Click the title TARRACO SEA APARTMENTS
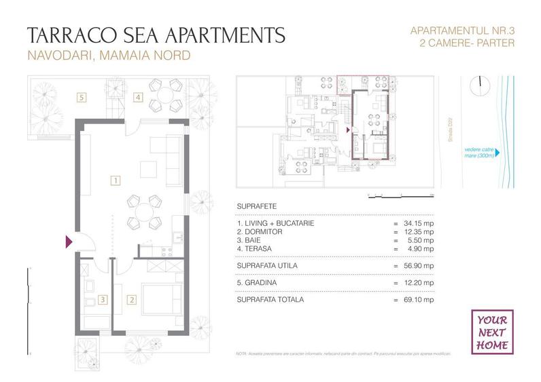point(155,35)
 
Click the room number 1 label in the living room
point(116,180)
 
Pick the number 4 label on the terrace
point(138,97)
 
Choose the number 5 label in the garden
point(82,97)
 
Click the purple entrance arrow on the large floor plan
point(68,241)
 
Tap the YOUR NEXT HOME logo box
point(492,331)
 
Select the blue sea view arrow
point(499,153)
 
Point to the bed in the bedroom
point(162,299)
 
